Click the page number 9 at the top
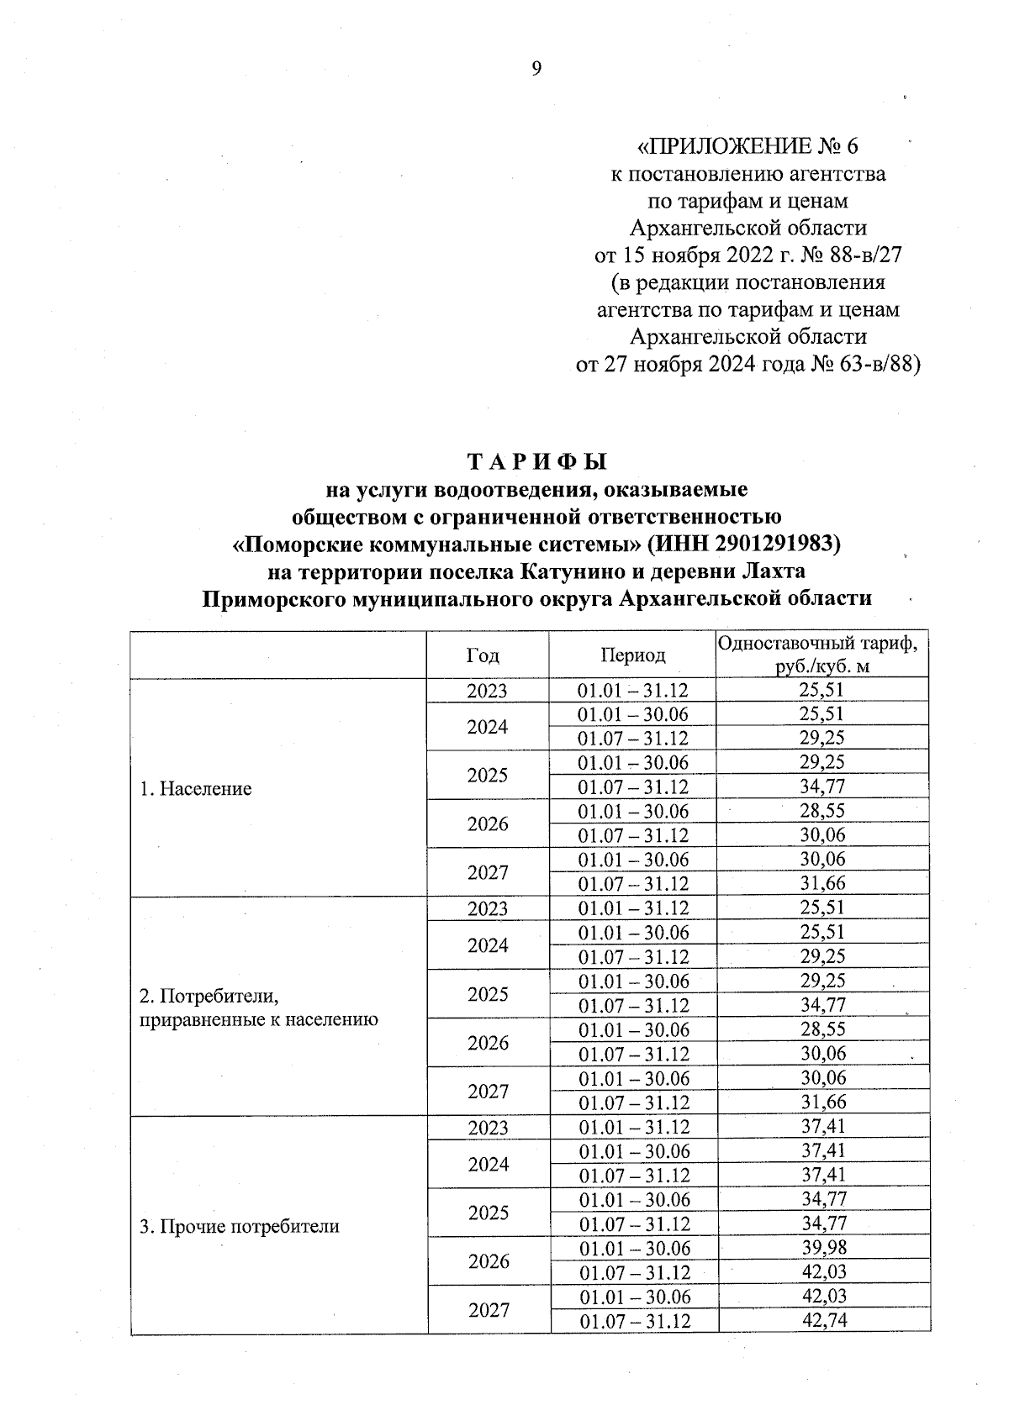coord(536,69)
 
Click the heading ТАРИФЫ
coord(536,462)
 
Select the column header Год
coord(483,655)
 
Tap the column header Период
coord(632,655)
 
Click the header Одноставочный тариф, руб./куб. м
coord(822,655)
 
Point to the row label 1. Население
coord(196,789)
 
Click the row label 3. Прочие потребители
coord(240,1226)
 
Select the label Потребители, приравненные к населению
coord(259,1008)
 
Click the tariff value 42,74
coord(824,1320)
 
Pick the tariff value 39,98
coord(824,1247)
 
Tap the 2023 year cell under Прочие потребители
coord(488,1127)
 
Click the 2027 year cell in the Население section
coord(488,872)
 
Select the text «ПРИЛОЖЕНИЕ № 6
coord(748,146)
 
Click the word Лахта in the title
coord(774,571)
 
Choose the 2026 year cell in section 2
coord(488,1043)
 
